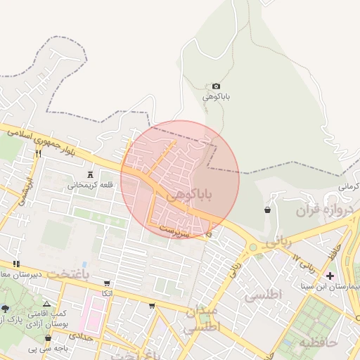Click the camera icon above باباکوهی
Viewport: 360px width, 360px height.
(216, 86)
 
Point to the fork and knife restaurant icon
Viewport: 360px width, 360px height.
(38, 153)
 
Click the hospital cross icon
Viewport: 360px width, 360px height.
(330, 275)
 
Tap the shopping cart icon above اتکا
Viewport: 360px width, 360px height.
(106, 283)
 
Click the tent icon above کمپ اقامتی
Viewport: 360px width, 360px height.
(46, 302)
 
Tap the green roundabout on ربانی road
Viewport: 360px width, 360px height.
(252, 247)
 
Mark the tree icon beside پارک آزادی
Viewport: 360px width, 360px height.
(6, 309)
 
